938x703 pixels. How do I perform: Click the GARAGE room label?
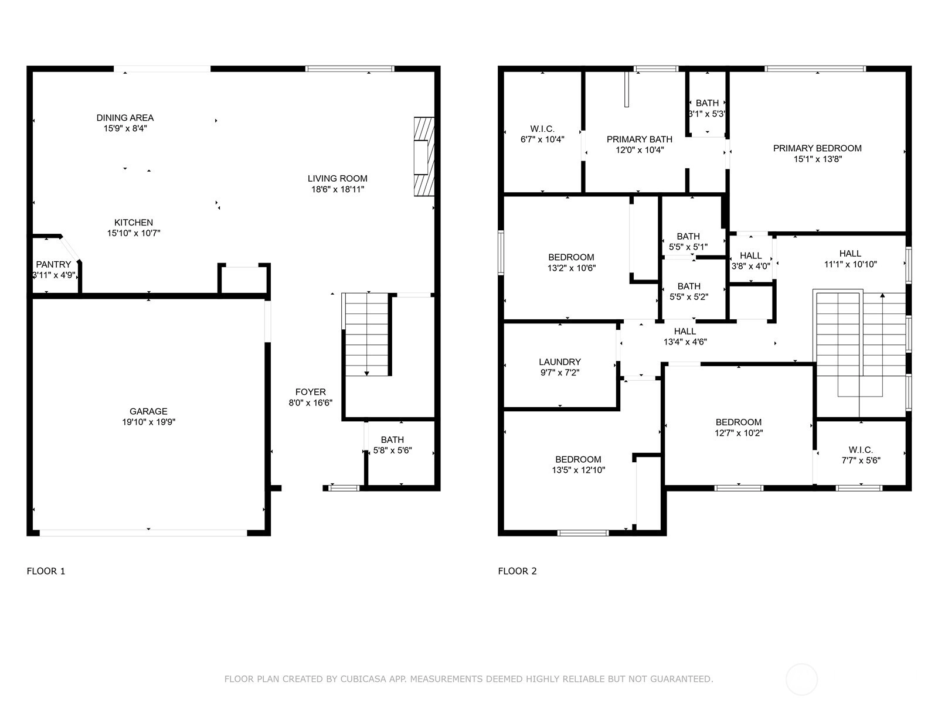tap(148, 411)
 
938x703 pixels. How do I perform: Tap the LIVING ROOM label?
tap(337, 179)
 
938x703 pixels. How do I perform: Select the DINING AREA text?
tap(125, 117)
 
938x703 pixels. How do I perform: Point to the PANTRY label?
tap(53, 264)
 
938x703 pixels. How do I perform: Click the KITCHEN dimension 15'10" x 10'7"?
tap(134, 233)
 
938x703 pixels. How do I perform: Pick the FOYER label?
tap(311, 392)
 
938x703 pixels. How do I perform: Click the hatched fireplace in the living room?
tap(424, 156)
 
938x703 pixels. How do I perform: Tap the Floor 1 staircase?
tap(366, 335)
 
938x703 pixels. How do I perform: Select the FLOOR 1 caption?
tap(46, 571)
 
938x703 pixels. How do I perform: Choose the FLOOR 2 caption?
tap(517, 571)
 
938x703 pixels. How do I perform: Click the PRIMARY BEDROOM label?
tap(817, 148)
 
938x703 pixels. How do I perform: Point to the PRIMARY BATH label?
tap(639, 139)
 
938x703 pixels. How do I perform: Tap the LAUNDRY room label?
tap(560, 361)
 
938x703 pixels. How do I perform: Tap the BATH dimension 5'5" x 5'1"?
tap(688, 247)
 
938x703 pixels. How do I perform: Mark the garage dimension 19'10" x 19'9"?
tap(148, 422)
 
